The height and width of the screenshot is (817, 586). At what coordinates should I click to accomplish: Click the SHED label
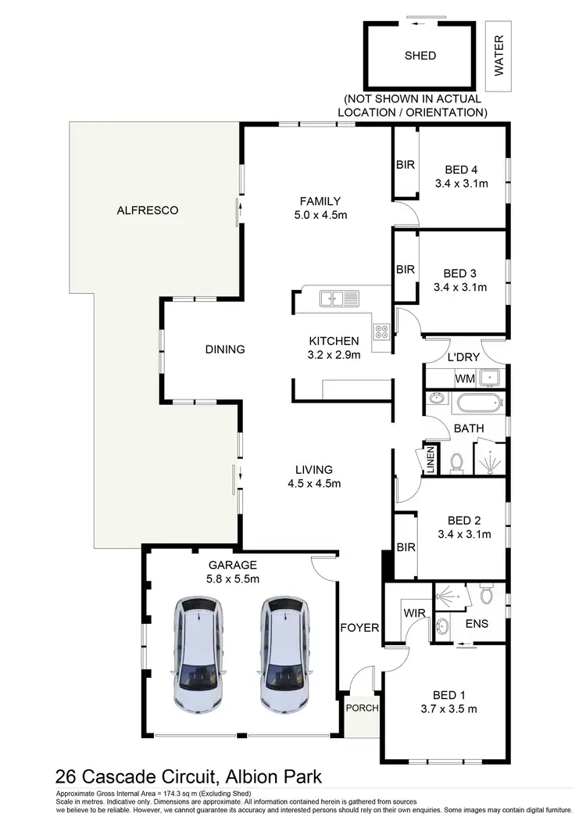coord(420,56)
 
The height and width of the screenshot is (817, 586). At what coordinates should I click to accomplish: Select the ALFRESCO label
coord(148,210)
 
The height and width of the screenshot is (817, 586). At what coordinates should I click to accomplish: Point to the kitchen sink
coord(338,297)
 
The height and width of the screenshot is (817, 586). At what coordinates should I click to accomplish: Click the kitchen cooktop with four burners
coord(382,331)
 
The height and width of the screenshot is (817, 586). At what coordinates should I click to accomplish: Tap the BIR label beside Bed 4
coord(405,165)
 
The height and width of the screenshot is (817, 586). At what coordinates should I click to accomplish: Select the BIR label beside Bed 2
coord(406,547)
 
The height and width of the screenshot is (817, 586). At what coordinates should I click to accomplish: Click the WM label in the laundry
coord(464,379)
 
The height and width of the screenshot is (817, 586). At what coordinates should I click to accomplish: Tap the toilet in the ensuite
coord(486,596)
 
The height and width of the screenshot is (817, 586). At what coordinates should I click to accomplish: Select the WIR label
coord(413,614)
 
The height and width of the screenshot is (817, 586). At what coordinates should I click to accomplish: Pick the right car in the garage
coord(282,654)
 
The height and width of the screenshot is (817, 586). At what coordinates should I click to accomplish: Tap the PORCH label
coord(362,708)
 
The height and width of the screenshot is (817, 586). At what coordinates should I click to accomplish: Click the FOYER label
coord(359,627)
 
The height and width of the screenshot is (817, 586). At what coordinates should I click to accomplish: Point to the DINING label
coord(225,349)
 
